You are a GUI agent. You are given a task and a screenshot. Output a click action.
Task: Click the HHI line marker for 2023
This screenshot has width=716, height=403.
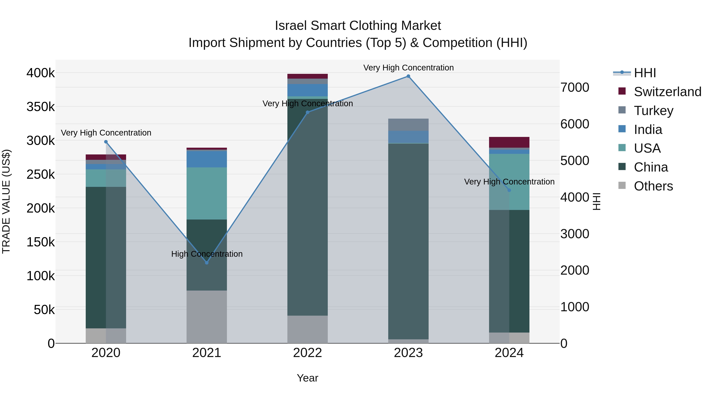(x=408, y=76)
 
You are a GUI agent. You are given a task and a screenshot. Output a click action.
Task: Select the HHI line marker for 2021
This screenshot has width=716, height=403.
(x=206, y=262)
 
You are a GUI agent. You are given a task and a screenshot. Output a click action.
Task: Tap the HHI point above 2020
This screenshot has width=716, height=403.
(x=106, y=142)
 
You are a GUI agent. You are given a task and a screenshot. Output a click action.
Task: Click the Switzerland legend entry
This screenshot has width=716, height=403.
(x=667, y=92)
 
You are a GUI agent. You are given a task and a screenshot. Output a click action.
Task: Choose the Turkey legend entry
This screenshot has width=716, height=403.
(x=653, y=110)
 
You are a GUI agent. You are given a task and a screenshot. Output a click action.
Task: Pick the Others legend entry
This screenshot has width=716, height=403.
(x=653, y=186)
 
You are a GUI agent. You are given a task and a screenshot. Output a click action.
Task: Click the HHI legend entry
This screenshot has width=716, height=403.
(x=645, y=73)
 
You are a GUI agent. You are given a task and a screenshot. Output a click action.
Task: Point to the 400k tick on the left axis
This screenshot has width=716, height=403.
(x=41, y=73)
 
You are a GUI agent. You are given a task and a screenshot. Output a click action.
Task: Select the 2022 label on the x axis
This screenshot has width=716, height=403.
(x=307, y=353)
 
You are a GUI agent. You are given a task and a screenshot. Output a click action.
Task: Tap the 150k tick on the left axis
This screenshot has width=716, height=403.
(x=41, y=242)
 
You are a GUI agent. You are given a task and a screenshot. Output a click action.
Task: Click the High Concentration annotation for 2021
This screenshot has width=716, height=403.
(x=207, y=254)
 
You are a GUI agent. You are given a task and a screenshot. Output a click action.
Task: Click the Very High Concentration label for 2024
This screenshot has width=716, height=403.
(x=509, y=182)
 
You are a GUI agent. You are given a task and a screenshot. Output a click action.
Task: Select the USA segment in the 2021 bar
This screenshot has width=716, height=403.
(x=206, y=193)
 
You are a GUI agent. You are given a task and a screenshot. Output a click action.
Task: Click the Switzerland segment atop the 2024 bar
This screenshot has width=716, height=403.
(x=509, y=142)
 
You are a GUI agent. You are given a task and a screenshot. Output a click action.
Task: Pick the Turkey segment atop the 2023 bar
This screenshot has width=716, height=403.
(x=408, y=125)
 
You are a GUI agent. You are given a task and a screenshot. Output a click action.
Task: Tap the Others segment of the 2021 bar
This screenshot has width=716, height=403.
(x=206, y=317)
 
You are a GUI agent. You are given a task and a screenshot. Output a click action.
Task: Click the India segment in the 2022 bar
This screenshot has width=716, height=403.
(x=307, y=90)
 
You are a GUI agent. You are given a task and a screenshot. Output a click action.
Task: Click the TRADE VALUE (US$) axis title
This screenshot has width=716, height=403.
(x=6, y=201)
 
